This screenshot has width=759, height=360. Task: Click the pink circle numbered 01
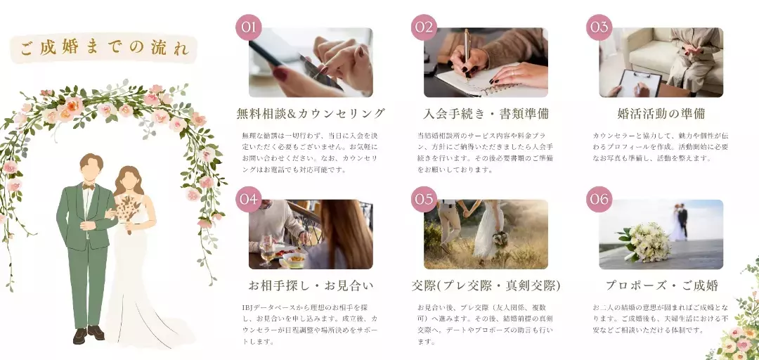point(249,27)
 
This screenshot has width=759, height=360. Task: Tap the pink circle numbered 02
point(424,27)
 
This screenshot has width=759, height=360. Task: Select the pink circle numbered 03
point(599,27)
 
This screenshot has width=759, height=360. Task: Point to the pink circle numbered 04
point(249,199)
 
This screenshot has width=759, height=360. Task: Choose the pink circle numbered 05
point(424,199)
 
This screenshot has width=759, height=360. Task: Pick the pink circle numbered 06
point(599,199)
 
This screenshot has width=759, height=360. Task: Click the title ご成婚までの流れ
point(104,49)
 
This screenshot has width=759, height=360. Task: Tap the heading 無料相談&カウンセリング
point(311,113)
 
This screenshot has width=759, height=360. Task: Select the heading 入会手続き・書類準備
point(486,113)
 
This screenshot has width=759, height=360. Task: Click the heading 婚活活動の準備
point(661,113)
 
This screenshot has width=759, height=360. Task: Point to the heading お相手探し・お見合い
point(311,285)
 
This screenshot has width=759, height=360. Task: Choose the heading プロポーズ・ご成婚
point(661,285)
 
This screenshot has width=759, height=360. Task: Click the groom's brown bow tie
point(88,186)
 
